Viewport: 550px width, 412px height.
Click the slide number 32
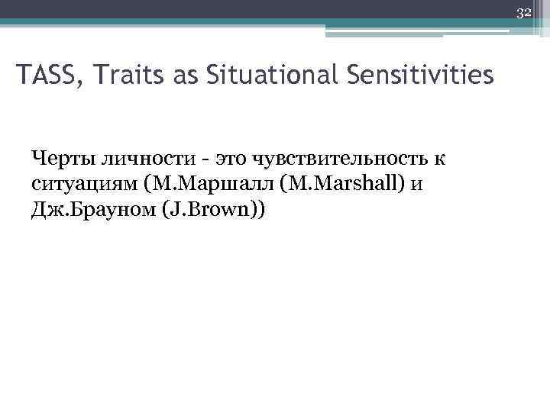pyautogui.click(x=524, y=12)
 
